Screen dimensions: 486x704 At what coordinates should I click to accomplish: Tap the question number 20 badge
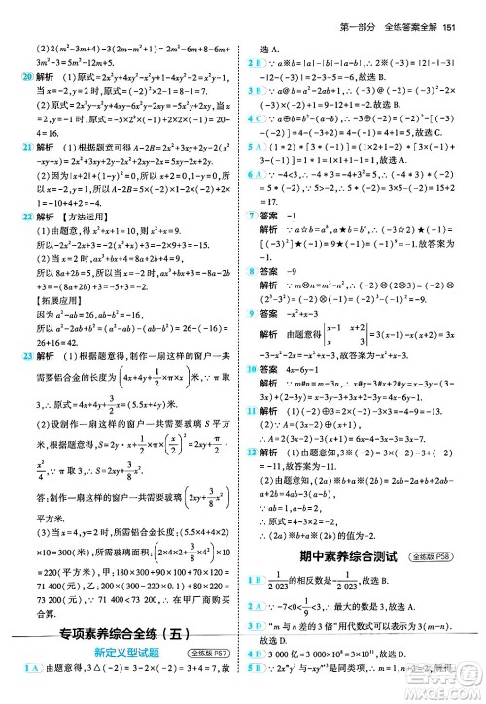(13, 76)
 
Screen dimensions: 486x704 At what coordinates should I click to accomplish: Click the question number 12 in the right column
(251, 423)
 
